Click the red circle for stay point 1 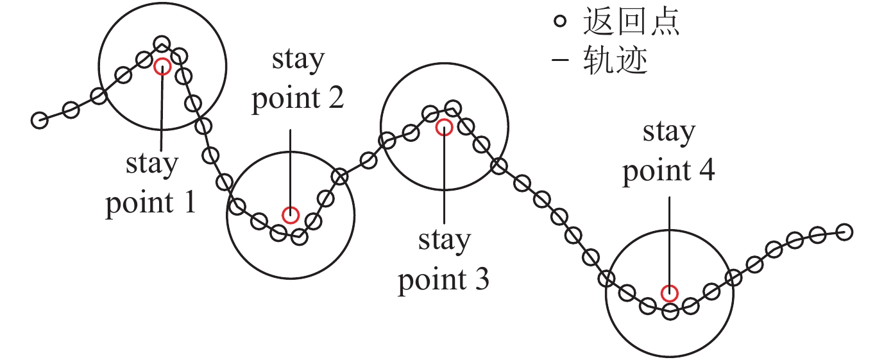pos(162,66)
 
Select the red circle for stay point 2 pos(291,215)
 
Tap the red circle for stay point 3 pos(444,127)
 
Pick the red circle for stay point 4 pos(670,293)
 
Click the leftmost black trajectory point pos(40,120)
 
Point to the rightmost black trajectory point pos(845,232)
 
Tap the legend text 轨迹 pos(615,61)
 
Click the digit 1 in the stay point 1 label pos(189,203)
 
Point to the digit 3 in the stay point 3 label pos(481,280)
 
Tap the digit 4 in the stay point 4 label pos(707,172)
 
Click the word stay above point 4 pos(669,133)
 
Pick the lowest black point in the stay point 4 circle pos(670,312)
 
